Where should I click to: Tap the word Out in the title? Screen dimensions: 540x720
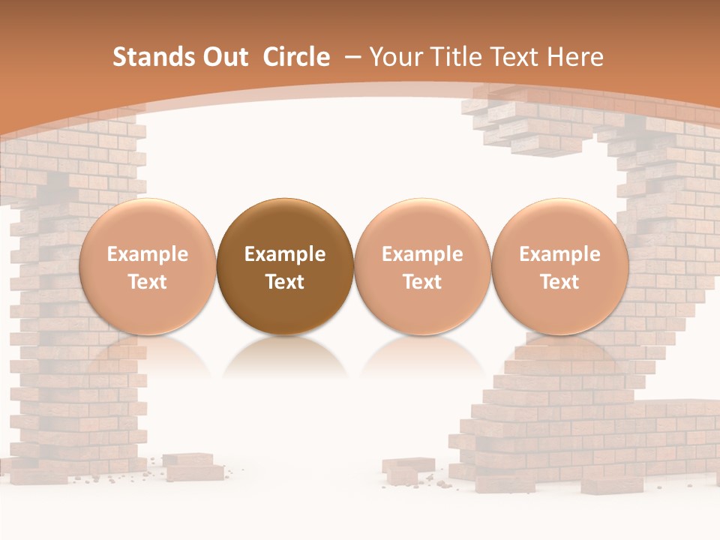tap(224, 57)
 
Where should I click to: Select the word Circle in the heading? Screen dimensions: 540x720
tap(296, 57)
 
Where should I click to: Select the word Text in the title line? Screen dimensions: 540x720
tap(514, 57)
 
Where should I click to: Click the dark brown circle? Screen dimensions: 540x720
tap(285, 225)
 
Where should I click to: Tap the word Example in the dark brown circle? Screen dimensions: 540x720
tap(285, 254)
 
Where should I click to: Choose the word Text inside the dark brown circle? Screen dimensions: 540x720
tap(285, 282)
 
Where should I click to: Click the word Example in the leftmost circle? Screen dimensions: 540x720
tap(148, 254)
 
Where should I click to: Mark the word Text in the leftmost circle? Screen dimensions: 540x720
tap(148, 282)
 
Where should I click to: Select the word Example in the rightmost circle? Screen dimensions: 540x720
tap(559, 254)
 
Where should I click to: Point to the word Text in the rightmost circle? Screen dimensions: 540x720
tap(559, 282)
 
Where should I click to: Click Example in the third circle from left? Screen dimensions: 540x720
tap(422, 254)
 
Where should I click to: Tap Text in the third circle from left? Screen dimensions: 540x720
tap(422, 282)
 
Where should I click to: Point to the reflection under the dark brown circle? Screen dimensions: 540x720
tap(285, 356)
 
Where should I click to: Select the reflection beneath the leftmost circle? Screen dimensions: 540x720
tap(148, 356)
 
